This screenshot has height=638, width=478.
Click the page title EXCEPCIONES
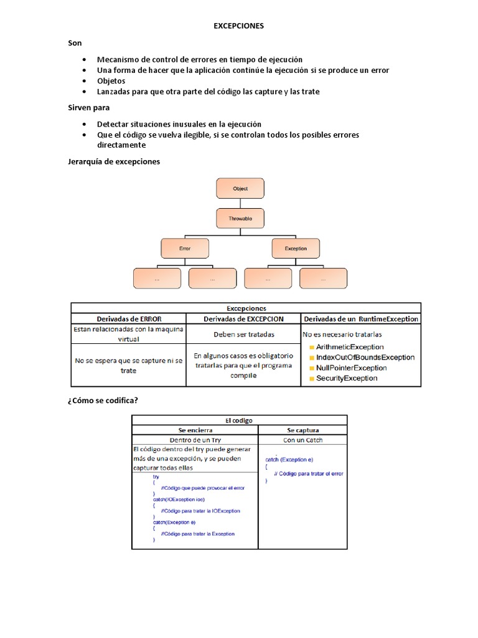click(x=239, y=26)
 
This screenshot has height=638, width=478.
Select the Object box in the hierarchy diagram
click(x=240, y=188)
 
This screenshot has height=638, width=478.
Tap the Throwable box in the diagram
click(x=240, y=218)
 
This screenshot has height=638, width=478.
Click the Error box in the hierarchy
click(x=185, y=248)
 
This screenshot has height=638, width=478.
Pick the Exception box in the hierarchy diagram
click(x=296, y=248)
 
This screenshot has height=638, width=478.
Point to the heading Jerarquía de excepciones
click(x=113, y=161)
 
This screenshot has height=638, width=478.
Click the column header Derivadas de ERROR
click(x=129, y=319)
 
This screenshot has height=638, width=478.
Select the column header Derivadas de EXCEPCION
click(x=243, y=319)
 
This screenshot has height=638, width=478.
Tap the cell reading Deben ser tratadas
click(x=243, y=334)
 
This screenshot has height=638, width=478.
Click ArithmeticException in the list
click(x=349, y=346)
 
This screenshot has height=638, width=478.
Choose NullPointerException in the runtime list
click(x=351, y=368)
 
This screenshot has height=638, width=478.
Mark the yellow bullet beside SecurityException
click(x=311, y=379)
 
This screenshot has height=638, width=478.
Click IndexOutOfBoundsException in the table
click(x=365, y=357)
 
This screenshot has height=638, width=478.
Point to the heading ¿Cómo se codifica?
click(x=102, y=401)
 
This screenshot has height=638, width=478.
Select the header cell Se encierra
click(x=195, y=430)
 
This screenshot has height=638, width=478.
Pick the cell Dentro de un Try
click(x=195, y=440)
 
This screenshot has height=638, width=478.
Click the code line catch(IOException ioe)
click(x=178, y=499)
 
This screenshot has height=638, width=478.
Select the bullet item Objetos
click(x=111, y=81)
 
